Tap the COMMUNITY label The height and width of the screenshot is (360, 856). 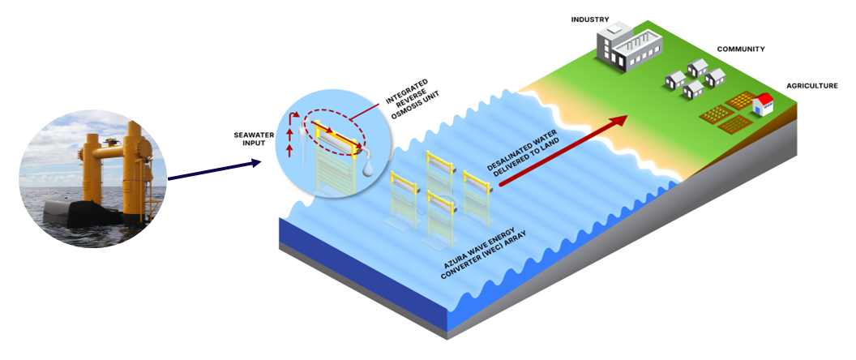(740, 49)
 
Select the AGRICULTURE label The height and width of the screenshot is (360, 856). (811, 85)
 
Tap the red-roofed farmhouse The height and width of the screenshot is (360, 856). (764, 105)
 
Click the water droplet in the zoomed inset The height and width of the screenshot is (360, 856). (370, 165)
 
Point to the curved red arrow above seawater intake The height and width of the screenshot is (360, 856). (297, 121)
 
